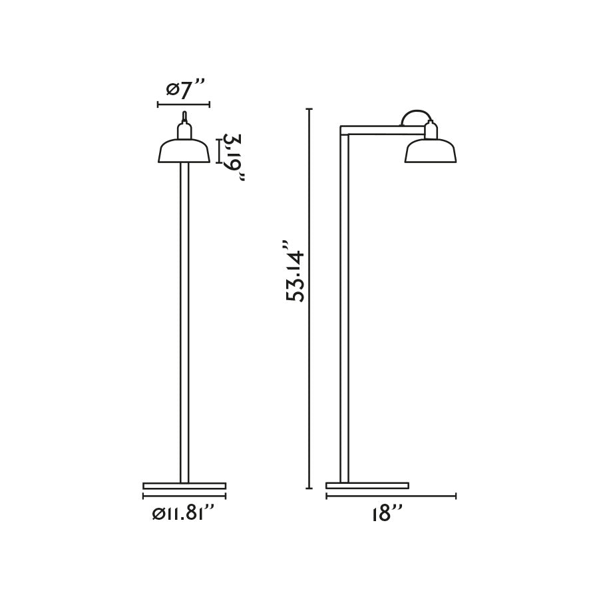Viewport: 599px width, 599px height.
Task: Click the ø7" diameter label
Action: pos(184,89)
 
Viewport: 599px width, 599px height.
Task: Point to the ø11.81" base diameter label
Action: pos(184,513)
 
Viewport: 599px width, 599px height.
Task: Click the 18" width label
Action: pos(389,513)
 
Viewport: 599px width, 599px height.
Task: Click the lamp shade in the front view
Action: pos(184,152)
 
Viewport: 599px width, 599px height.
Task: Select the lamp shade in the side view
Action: pos(431,152)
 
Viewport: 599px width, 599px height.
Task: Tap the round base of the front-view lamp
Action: pos(184,486)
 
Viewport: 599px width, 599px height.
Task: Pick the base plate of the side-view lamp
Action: pos(367,486)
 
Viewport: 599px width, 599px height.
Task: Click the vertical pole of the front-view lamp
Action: pos(184,319)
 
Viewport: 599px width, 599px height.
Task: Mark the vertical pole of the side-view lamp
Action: pos(344,306)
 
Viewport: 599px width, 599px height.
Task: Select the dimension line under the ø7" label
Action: pos(184,104)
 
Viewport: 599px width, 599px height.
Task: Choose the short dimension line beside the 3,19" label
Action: pos(218,150)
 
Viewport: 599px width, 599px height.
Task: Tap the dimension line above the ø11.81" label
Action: pos(184,496)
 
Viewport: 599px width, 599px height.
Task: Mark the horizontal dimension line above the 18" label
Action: pos(391,496)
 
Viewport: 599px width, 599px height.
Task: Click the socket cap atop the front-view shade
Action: pos(184,128)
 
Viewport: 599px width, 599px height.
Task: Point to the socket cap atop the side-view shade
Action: pos(431,130)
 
